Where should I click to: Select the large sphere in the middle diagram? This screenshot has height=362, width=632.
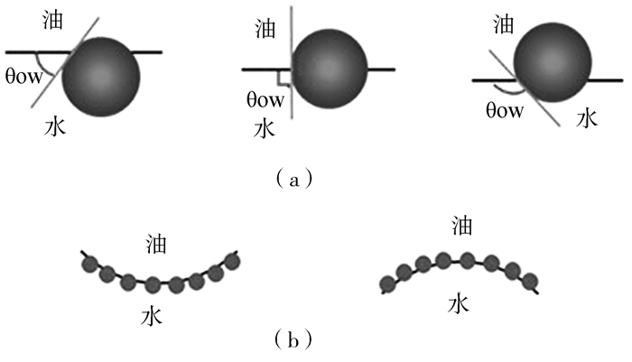pos(331,70)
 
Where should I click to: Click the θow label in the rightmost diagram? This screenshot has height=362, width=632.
pos(504,112)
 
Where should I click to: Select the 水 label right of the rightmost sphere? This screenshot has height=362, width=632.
pos(588,118)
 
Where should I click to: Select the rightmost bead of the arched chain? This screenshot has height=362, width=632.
pos(530,280)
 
